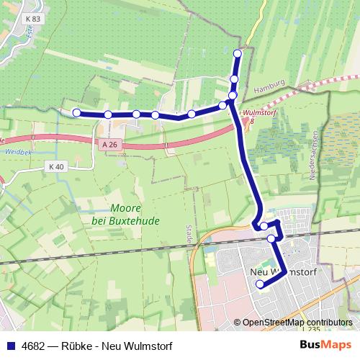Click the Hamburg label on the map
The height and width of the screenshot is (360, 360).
coord(270,86)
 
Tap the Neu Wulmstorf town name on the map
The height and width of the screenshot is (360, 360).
coord(283,272)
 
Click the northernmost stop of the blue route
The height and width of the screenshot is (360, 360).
coord(238,53)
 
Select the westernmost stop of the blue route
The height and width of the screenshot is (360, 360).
coord(76,112)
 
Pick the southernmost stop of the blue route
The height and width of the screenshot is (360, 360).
coord(260,285)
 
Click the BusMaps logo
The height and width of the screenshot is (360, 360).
coord(325,346)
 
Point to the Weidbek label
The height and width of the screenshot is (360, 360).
coord(15,153)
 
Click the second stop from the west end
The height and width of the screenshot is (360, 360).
coord(107,114)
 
